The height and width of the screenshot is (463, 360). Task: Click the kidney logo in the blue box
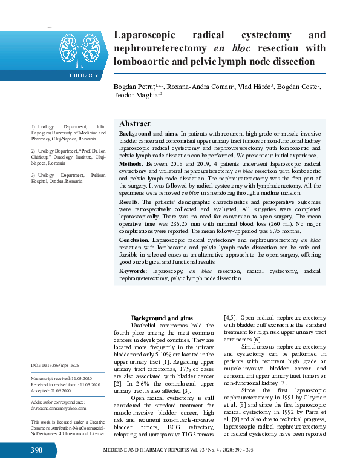point(79,48)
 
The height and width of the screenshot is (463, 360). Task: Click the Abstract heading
point(134,123)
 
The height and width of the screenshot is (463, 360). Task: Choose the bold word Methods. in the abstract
point(131,163)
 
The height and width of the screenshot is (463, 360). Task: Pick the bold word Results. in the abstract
point(129,201)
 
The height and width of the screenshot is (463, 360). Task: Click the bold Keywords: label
point(134,272)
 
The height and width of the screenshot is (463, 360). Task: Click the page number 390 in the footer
point(36,450)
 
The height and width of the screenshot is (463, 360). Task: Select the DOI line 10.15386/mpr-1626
point(56,365)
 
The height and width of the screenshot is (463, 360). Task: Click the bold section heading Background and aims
point(162,318)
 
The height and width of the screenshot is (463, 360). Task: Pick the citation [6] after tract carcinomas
point(257,340)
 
